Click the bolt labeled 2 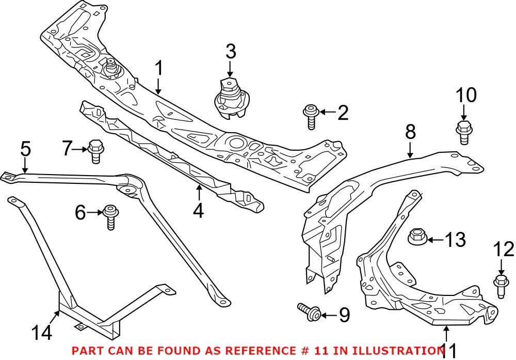coord(311,116)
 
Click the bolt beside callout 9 coord(309,311)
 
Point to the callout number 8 coord(410,132)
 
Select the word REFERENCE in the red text coord(235,350)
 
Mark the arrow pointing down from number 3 coord(230,69)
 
